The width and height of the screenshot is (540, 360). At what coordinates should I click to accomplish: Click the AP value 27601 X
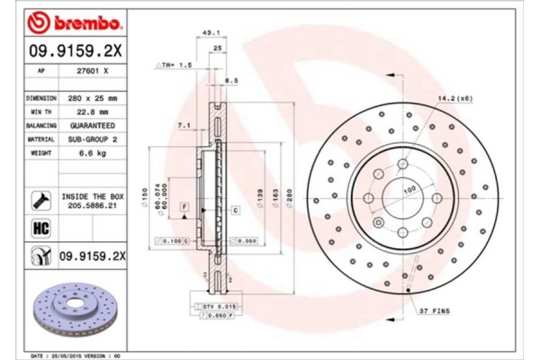[x=92, y=70]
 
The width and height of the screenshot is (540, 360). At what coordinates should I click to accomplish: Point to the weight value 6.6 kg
[x=92, y=154]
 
